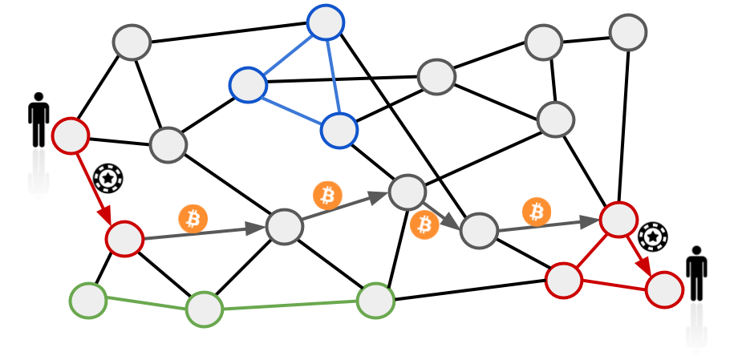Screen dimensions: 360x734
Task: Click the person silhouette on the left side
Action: click(x=39, y=120)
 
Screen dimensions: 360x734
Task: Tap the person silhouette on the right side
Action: click(x=696, y=273)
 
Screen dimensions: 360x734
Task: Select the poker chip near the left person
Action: click(x=107, y=178)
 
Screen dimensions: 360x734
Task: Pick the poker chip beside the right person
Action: click(x=653, y=237)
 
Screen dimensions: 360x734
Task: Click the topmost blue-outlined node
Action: click(x=326, y=22)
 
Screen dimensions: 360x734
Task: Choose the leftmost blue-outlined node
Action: click(x=248, y=84)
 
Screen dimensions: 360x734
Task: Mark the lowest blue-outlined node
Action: click(x=339, y=130)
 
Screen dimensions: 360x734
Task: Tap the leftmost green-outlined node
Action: click(x=88, y=301)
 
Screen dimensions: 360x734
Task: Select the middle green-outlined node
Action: click(x=205, y=309)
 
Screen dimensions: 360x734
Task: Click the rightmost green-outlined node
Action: click(x=375, y=300)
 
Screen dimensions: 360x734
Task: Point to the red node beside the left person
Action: click(x=71, y=136)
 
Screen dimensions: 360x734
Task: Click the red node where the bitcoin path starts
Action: click(x=124, y=239)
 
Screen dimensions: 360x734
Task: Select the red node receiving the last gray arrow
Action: click(x=618, y=219)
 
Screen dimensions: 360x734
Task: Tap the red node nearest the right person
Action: click(x=664, y=289)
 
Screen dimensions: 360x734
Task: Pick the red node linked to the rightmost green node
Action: click(x=564, y=280)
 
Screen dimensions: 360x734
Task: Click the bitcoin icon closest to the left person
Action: click(x=193, y=218)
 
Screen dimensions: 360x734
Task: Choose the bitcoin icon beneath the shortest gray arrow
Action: click(x=424, y=224)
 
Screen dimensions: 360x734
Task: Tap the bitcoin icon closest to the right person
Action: click(x=537, y=212)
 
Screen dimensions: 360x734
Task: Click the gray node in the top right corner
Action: click(x=627, y=33)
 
